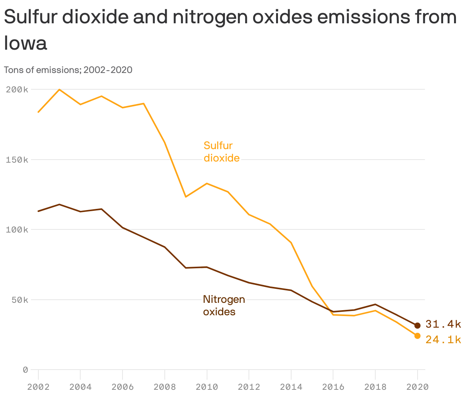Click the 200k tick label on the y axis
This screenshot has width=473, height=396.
(17, 90)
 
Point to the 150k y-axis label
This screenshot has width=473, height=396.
(17, 160)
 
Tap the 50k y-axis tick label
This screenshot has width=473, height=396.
(19, 300)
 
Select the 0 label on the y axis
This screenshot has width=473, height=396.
(25, 370)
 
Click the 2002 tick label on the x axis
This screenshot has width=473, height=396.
(38, 387)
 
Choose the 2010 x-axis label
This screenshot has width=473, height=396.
(207, 387)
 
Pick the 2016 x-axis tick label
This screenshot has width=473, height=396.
(333, 387)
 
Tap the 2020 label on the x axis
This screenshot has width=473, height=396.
(417, 387)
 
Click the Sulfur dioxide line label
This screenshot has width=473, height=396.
(221, 152)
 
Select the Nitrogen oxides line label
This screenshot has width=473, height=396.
(224, 306)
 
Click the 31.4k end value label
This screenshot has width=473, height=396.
(443, 324)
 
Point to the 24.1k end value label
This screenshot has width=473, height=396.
(443, 340)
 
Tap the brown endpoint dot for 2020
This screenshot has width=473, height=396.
(417, 326)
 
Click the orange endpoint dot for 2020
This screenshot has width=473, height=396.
(417, 336)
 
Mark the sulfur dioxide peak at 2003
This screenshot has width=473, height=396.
(59, 90)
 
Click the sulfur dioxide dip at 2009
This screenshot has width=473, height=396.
(186, 197)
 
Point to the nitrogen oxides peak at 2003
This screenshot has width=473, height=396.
(59, 204)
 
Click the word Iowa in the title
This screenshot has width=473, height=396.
(26, 43)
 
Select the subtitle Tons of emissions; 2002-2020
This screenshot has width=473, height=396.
(68, 70)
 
